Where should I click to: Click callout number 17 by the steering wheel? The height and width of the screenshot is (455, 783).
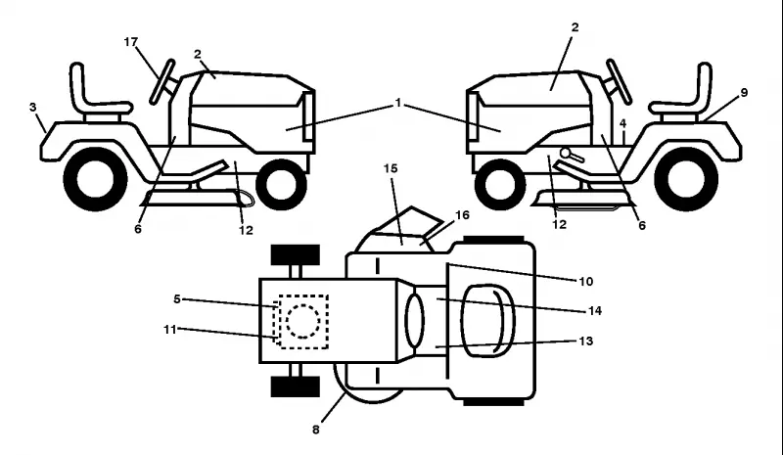click(131, 42)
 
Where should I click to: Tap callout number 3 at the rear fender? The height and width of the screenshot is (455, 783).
click(33, 108)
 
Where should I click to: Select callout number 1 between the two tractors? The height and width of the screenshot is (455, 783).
click(398, 103)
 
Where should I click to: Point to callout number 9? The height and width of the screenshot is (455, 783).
click(744, 92)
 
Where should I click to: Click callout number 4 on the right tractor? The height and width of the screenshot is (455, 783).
click(622, 123)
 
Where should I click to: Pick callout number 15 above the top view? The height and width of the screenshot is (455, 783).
click(391, 169)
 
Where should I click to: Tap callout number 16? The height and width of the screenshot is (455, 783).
click(462, 214)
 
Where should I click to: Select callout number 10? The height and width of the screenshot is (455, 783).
click(585, 282)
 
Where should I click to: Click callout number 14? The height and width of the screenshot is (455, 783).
click(595, 310)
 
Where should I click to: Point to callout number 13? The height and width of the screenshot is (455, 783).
click(585, 341)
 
